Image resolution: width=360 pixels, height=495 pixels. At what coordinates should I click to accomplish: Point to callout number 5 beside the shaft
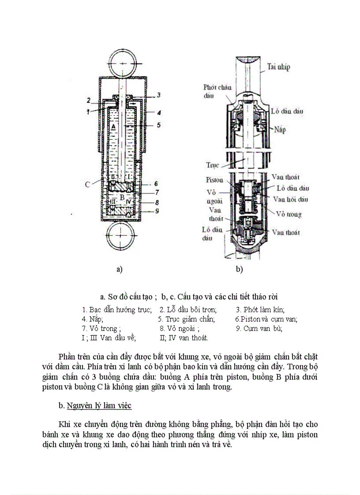coord(158,125)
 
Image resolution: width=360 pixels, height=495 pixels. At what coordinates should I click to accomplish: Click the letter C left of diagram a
coord(88,184)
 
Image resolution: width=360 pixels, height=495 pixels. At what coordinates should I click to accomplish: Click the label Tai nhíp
coord(278,67)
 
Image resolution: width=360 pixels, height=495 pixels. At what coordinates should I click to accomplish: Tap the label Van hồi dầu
coord(291,199)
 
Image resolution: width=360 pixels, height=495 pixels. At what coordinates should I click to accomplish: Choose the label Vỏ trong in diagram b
coord(289,214)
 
